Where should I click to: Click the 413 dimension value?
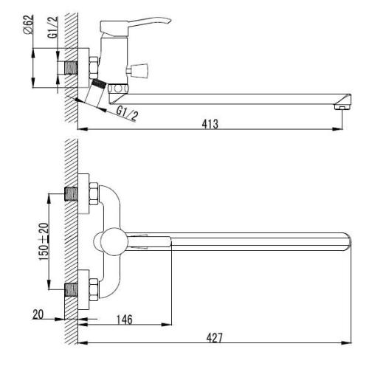click(210, 124)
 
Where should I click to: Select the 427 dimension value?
click(215, 338)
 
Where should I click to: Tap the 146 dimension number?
click(125, 320)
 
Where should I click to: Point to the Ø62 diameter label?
click(29, 24)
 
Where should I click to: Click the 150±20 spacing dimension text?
click(44, 241)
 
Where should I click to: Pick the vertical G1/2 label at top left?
click(53, 27)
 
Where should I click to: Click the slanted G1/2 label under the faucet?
click(127, 113)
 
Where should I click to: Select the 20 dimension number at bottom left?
click(38, 314)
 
